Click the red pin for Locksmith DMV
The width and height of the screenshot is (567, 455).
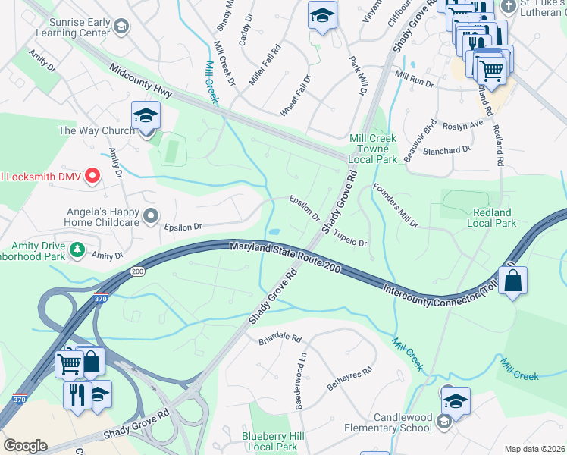click(x=92, y=177)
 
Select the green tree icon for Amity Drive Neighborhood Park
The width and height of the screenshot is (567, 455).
click(x=77, y=249)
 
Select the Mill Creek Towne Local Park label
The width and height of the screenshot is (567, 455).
click(x=372, y=149)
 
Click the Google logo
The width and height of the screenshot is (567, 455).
click(x=25, y=446)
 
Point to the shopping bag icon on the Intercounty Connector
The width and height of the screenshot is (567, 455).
click(x=512, y=280)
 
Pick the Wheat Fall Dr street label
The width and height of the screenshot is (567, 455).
click(x=296, y=96)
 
